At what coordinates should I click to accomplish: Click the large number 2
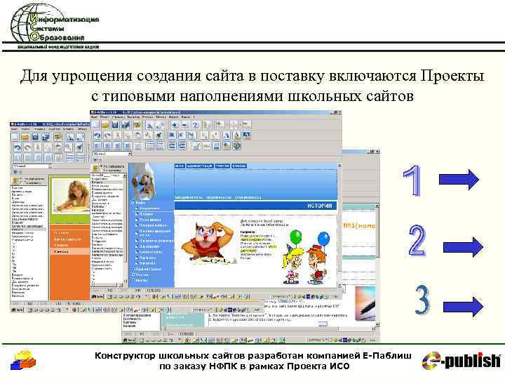click(x=417, y=241)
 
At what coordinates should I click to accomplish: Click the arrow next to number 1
click(x=460, y=180)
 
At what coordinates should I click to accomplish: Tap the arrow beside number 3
click(x=462, y=305)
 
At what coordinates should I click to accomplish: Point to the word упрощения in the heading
click(x=104, y=75)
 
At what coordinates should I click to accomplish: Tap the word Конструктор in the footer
click(x=129, y=356)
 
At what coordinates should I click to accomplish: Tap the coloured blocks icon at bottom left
click(x=23, y=360)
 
